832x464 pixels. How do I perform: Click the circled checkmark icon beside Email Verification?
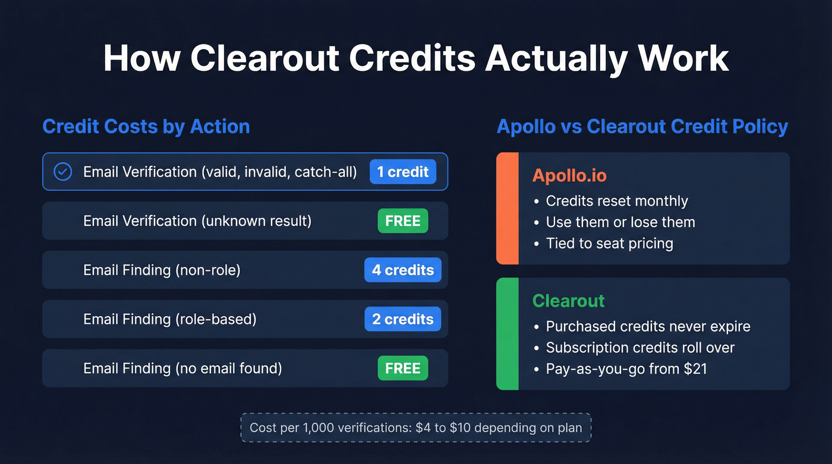point(62,172)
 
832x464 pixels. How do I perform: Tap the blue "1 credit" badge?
point(403,172)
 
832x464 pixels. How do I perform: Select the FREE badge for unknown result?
point(403,221)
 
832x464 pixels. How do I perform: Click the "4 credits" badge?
point(403,270)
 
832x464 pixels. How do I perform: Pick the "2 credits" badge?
point(403,319)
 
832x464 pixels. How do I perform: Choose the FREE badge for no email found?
point(403,368)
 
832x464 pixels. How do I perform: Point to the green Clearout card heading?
point(568,301)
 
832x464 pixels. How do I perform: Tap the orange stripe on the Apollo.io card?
point(508,209)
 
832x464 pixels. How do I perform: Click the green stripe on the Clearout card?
point(508,334)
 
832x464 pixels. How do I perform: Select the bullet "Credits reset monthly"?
point(616,201)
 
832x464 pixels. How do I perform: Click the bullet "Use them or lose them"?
point(620,222)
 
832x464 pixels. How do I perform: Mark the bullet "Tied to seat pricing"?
point(609,244)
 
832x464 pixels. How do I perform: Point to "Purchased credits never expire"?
point(648,326)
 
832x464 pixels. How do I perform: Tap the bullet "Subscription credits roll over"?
point(640,348)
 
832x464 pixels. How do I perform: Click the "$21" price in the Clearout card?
point(695,369)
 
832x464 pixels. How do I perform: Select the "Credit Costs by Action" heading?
point(146,127)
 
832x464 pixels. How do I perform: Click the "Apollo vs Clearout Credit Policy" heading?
point(642,127)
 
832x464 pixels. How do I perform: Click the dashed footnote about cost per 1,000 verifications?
point(416,428)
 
